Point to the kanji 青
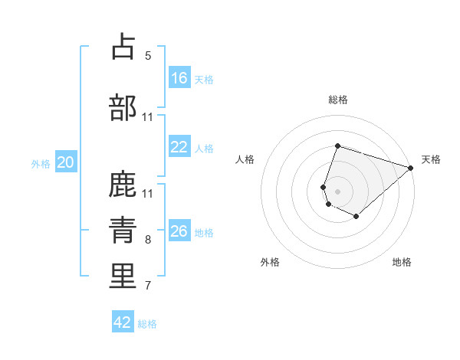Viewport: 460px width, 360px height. click(x=123, y=230)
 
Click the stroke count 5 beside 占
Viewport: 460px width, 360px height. click(x=148, y=55)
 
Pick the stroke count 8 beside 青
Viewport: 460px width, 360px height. click(x=148, y=240)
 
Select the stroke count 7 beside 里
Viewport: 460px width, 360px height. click(x=148, y=286)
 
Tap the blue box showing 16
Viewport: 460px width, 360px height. click(x=179, y=77)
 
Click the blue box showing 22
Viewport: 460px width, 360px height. click(x=179, y=147)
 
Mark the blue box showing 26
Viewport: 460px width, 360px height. click(x=179, y=231)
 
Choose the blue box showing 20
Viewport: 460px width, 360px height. click(x=66, y=162)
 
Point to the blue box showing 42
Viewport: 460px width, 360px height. click(x=123, y=322)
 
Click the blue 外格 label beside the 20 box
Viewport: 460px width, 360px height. click(x=41, y=163)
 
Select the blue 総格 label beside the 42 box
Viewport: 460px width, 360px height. click(x=147, y=324)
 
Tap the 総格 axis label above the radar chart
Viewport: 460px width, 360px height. click(x=337, y=100)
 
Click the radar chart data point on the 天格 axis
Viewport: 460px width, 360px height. click(x=411, y=169)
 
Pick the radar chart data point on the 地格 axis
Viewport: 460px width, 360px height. click(x=356, y=217)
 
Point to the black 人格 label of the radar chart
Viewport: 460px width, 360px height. click(x=245, y=159)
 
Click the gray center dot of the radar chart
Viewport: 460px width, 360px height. click(x=337, y=190)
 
